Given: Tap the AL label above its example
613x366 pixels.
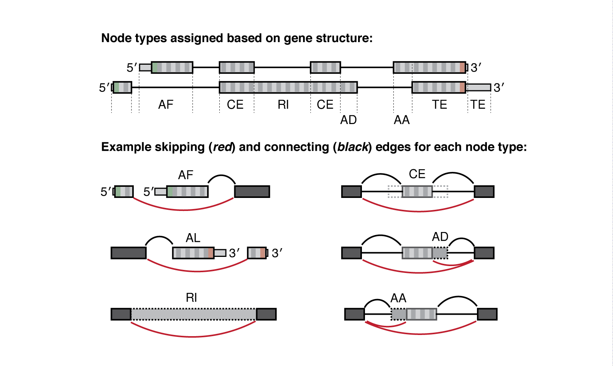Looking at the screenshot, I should (x=193, y=238).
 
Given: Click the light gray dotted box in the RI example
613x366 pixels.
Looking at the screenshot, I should (x=193, y=314).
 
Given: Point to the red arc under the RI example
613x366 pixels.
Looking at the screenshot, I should (x=193, y=336).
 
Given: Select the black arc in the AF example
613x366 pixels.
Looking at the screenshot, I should (x=222, y=176).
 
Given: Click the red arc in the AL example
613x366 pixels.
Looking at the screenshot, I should (x=197, y=271).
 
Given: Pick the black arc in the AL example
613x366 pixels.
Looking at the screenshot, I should (x=159, y=237).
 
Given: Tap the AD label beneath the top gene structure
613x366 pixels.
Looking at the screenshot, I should (x=349, y=120).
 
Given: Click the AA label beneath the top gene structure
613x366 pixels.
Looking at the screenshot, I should (x=402, y=120).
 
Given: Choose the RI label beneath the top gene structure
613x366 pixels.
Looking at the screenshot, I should (x=283, y=105).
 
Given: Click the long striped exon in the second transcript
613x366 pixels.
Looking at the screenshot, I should (x=288, y=88).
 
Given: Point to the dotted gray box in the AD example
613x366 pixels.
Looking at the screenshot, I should (x=440, y=253).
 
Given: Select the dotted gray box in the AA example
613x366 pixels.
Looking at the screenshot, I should (x=399, y=314).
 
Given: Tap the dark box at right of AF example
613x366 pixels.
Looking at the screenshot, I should (x=252, y=191).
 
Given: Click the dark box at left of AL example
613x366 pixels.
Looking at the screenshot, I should (x=128, y=253).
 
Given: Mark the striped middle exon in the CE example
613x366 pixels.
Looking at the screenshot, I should (x=417, y=191).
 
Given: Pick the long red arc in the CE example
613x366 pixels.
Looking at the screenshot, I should (x=419, y=211).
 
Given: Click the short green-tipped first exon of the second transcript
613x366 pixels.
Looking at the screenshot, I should (x=122, y=88).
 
